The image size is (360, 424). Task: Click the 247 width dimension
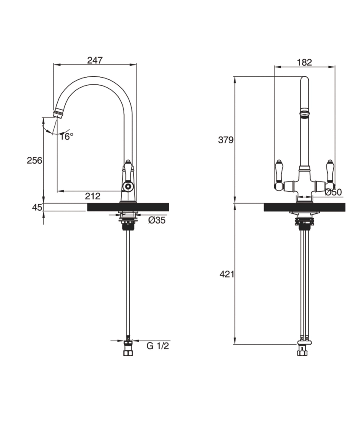(95, 60)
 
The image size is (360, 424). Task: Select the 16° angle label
(66, 136)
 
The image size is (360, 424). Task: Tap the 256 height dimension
(34, 160)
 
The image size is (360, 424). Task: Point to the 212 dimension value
(92, 196)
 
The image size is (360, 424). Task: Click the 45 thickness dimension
(37, 207)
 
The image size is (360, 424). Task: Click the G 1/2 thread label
(158, 346)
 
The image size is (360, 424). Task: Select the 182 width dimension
(304, 62)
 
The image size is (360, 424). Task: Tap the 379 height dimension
(226, 140)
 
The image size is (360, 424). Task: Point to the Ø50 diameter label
(334, 192)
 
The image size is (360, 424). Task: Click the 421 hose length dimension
(226, 274)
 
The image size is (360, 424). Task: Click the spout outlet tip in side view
(59, 113)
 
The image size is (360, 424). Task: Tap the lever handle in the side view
(128, 174)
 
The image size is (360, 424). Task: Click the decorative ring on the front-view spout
(304, 113)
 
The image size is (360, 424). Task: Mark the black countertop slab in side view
(128, 207)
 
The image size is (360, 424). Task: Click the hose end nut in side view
(127, 352)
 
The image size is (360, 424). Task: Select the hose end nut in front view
(302, 351)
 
